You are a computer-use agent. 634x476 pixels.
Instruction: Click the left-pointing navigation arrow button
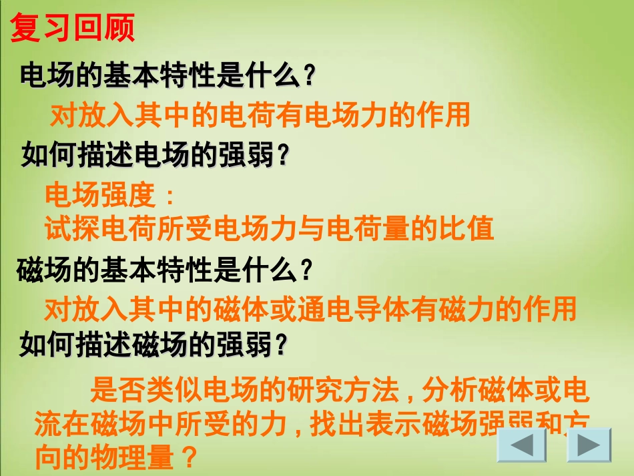521,445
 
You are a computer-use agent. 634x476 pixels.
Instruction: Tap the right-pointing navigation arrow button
589,445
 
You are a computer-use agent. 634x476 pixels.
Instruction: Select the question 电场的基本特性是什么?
167,75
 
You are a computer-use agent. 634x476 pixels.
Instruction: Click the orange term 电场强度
99,196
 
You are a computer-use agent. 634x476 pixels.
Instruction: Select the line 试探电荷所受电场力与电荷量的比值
269,228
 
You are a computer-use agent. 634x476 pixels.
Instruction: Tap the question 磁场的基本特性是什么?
164,270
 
